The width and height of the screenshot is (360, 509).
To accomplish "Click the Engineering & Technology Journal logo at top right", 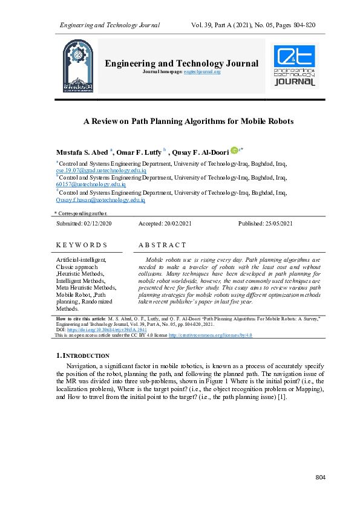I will pos(295,65).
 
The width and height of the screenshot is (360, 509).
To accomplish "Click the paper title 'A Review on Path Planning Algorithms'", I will pos(188,121).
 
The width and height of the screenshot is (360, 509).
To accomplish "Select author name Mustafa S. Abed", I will pos(82,151).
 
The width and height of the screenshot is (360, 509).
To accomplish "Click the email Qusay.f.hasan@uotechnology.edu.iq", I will pos(100,199).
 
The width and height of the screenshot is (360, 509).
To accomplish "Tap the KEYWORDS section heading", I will pos(81,245).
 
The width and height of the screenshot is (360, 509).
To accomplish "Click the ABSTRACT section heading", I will pos(162,245).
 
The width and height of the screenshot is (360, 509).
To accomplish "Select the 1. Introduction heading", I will pos(82,355).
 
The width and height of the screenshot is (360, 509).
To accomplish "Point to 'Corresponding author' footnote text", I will pos(83,213).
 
